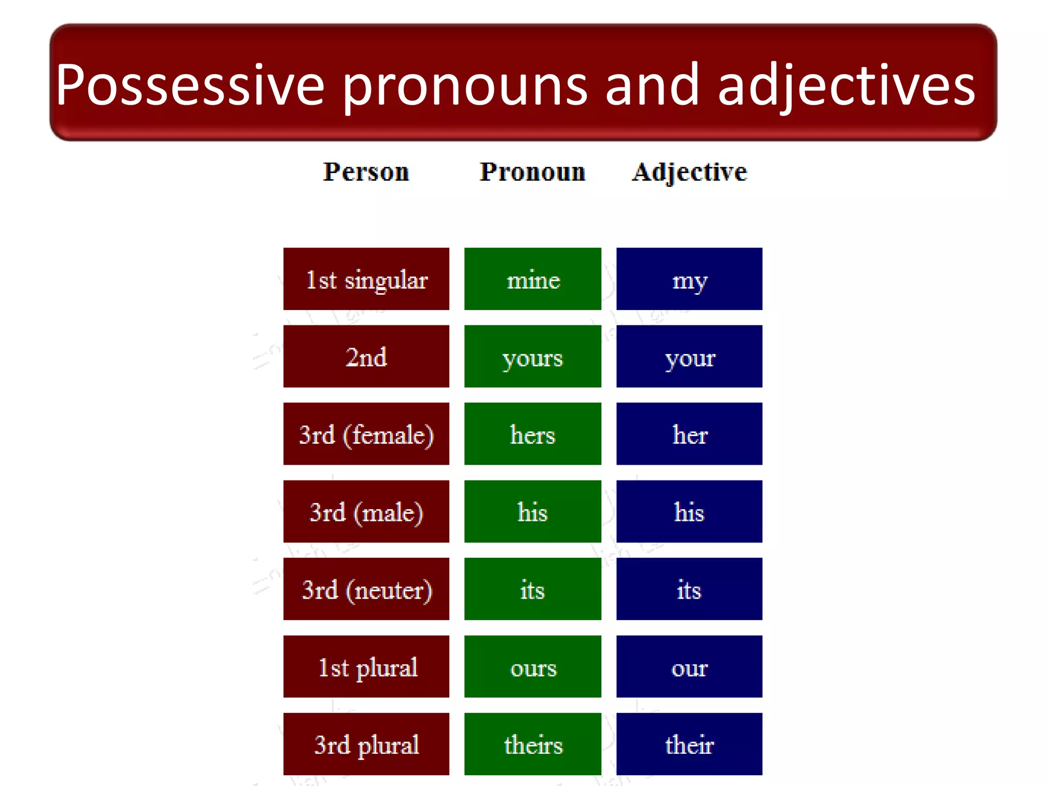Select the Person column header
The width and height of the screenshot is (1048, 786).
366,172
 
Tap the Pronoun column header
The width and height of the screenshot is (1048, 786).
532,172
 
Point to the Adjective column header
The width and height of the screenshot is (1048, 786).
689,172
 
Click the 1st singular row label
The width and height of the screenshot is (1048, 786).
366,279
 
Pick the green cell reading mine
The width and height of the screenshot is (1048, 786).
533,279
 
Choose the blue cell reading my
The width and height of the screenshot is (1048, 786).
689,279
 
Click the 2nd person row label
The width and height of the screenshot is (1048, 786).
366,357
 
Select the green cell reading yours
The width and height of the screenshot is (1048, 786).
533,357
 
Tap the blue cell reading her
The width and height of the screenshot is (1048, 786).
689,434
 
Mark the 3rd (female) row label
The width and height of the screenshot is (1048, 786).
366,434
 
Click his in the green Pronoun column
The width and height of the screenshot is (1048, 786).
533,512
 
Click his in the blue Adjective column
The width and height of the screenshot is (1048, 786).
689,512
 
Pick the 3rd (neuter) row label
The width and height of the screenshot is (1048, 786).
366,589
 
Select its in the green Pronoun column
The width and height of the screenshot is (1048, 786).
533,589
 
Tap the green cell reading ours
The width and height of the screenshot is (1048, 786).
533,667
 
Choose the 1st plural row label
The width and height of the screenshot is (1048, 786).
366,667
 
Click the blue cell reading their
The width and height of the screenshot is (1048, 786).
689,744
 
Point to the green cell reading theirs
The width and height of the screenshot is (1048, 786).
533,744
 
